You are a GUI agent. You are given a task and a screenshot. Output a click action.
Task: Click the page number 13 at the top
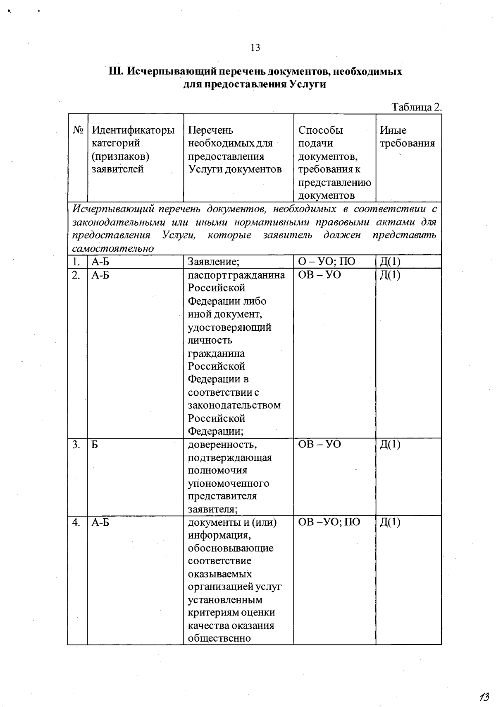point(255,48)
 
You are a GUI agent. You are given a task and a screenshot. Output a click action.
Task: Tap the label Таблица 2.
point(416,107)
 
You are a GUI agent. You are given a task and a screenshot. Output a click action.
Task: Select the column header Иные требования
point(407,137)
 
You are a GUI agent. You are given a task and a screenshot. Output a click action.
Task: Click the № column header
point(78,130)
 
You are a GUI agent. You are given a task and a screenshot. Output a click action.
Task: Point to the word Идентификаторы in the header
point(133,130)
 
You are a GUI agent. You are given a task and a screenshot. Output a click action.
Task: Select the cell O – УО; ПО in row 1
point(327,262)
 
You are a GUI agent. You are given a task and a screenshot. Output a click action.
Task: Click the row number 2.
point(76,275)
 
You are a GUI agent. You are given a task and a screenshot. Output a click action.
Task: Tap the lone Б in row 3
point(95,445)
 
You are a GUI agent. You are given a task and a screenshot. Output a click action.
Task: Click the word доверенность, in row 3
point(222,445)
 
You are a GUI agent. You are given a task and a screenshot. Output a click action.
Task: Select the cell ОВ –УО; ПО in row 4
point(329,522)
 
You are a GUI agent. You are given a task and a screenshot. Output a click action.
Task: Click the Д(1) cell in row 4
point(390,522)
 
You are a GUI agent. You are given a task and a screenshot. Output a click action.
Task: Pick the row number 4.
point(76,522)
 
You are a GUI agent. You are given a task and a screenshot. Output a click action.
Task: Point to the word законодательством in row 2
point(234,405)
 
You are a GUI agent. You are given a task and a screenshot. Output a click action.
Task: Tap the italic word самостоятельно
point(113,249)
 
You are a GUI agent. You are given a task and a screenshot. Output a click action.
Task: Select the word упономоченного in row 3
point(228,483)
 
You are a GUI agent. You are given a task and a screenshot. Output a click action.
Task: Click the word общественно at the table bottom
point(219,638)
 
